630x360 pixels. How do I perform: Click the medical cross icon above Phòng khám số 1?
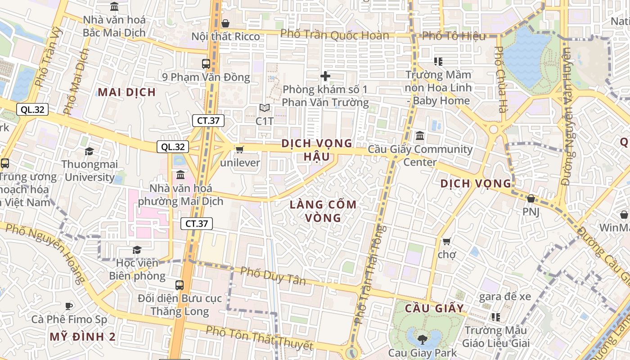coord(325,76)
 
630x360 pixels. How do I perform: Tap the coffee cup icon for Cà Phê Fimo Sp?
coord(69,306)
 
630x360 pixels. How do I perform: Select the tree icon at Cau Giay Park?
coord(422,340)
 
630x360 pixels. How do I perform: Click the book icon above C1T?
coord(265,108)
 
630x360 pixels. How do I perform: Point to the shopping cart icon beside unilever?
coord(239,149)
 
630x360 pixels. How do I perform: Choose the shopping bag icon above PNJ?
coord(531,198)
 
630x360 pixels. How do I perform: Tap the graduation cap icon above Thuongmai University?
coord(89,151)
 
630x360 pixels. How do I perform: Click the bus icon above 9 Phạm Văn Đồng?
coord(206,64)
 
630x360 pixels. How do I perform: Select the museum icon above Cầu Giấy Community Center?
coord(420,135)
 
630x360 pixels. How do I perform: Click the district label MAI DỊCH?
coord(127,92)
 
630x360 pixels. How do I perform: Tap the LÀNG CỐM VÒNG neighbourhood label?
coord(323,211)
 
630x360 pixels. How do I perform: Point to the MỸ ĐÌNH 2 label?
coord(82,337)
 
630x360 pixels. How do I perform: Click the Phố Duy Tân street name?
coord(273,276)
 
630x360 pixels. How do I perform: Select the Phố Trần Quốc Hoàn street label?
coord(334,35)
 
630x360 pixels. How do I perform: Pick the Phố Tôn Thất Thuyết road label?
coord(259,338)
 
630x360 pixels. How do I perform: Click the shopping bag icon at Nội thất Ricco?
coord(225,23)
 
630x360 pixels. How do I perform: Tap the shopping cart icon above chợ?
coord(446,242)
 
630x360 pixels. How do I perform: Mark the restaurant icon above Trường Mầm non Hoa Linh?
coord(438,62)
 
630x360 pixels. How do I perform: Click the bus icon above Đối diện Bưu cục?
coord(180,285)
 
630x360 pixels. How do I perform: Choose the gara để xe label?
coord(505,297)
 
